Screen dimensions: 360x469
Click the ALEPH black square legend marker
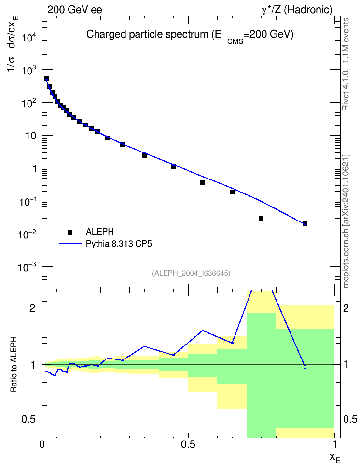click(70, 232)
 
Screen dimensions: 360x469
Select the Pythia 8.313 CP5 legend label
click(119, 244)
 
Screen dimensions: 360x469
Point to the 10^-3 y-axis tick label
click(27, 266)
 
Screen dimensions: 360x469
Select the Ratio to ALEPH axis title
click(14, 364)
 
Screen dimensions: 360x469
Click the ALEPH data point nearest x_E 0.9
click(305, 224)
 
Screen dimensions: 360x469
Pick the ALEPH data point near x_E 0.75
click(261, 219)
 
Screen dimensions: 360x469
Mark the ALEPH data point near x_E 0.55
click(203, 182)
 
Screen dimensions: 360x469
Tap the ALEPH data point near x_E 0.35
click(144, 156)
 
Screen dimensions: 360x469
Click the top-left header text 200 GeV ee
click(74, 10)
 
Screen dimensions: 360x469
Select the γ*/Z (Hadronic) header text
click(297, 10)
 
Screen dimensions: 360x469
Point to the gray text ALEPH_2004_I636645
click(191, 273)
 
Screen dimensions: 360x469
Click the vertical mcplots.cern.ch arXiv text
click(346, 221)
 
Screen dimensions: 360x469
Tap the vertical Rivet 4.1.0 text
click(346, 64)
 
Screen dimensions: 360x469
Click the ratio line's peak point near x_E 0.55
click(203, 331)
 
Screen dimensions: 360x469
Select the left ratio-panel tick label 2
click(32, 308)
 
